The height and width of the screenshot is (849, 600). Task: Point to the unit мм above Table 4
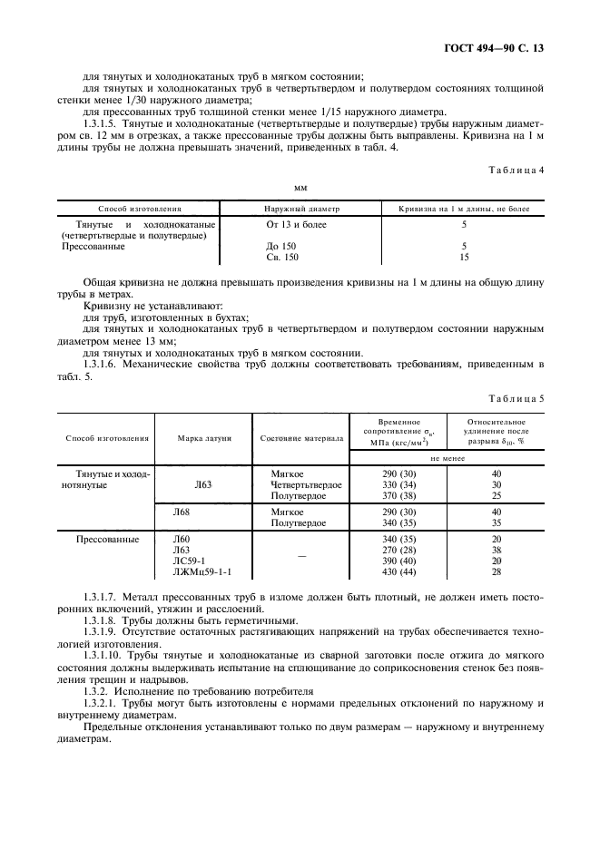point(300,188)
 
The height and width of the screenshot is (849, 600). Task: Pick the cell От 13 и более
point(296,223)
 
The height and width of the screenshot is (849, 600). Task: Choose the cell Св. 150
point(281,257)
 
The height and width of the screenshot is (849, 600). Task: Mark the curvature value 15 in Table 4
point(464,257)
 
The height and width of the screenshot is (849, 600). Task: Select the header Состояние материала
point(301,437)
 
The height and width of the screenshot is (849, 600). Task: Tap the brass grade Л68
point(182,512)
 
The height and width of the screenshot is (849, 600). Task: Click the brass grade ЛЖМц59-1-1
point(202,572)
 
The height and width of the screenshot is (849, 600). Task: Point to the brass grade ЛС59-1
point(190,561)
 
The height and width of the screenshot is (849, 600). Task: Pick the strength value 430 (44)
point(400,572)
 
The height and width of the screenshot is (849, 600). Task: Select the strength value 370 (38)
point(400,495)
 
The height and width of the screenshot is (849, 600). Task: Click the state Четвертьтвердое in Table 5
point(306,484)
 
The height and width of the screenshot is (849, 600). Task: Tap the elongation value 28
point(496,572)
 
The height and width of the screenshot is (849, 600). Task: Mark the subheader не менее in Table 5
point(448,459)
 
